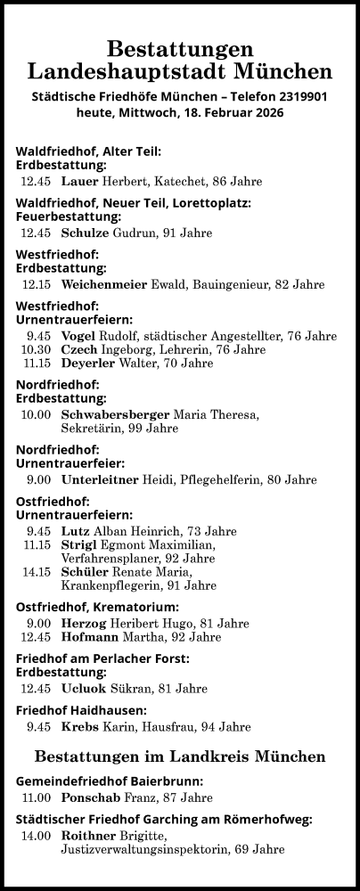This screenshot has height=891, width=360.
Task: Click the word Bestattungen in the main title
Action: coord(180,50)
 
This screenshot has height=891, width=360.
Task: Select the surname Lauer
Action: coord(80,182)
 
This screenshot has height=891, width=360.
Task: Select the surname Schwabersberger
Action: coord(115,415)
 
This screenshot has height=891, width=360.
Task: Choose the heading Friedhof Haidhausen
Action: coord(81,710)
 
